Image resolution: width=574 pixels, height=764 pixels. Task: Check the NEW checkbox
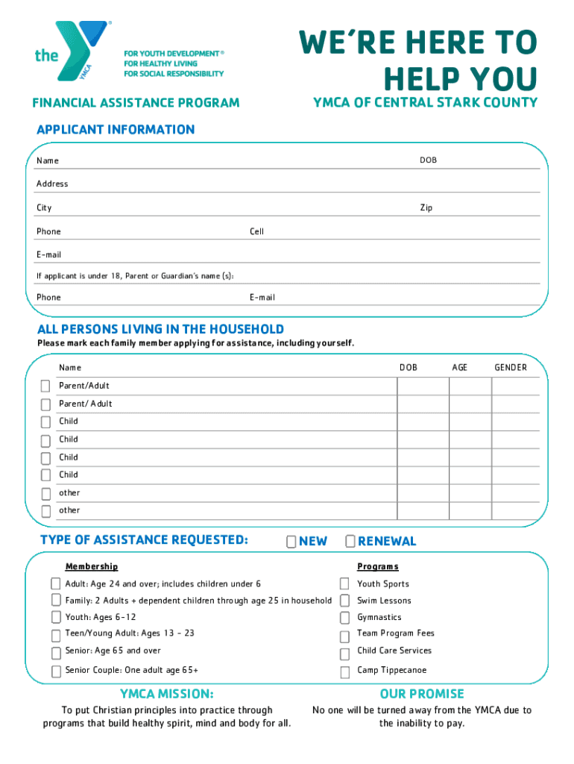pyautogui.click(x=291, y=541)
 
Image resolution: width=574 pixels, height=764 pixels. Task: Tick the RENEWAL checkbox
pyautogui.click(x=350, y=541)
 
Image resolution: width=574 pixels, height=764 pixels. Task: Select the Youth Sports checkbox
pyautogui.click(x=344, y=583)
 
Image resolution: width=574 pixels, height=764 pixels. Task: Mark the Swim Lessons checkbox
pyautogui.click(x=344, y=600)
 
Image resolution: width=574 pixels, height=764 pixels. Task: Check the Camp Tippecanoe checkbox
pyautogui.click(x=344, y=671)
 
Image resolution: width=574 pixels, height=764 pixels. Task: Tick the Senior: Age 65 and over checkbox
pyautogui.click(x=56, y=652)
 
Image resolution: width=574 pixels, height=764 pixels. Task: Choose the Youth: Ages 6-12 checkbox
pyautogui.click(x=56, y=617)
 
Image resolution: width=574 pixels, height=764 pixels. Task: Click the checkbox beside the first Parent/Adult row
pyautogui.click(x=45, y=386)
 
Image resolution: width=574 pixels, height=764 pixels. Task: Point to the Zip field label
pyautogui.click(x=426, y=207)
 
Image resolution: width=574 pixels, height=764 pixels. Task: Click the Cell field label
pyautogui.click(x=256, y=231)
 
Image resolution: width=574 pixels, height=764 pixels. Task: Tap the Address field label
pyautogui.click(x=52, y=184)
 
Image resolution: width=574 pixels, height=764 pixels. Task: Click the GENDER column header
pyautogui.click(x=511, y=367)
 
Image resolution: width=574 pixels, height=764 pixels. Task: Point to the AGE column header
pyautogui.click(x=459, y=367)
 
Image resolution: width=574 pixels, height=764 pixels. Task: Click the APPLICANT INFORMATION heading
pyautogui.click(x=116, y=130)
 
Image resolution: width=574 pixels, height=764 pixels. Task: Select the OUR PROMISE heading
pyautogui.click(x=421, y=694)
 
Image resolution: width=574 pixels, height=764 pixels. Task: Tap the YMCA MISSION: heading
pyautogui.click(x=167, y=694)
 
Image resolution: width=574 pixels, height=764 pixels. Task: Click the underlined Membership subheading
pyautogui.click(x=91, y=567)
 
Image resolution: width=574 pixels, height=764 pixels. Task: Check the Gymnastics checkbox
pyautogui.click(x=344, y=618)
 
